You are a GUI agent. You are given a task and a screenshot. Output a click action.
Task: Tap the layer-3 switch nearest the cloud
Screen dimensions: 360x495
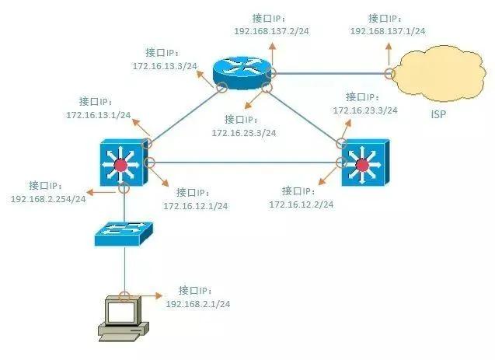click(361, 163)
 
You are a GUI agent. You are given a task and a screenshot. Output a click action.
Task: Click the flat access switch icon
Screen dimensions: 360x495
click(124, 231)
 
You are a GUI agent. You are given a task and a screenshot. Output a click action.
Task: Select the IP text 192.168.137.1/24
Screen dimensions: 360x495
click(388, 30)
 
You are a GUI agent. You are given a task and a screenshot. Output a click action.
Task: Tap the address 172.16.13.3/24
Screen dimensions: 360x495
click(165, 66)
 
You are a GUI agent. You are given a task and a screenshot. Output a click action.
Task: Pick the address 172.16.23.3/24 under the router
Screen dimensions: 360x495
click(243, 133)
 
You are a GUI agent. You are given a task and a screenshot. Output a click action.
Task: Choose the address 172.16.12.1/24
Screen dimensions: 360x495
click(195, 205)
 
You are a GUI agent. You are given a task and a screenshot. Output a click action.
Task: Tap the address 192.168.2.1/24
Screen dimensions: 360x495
click(197, 302)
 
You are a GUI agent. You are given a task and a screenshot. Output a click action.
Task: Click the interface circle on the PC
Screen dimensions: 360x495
click(124, 295)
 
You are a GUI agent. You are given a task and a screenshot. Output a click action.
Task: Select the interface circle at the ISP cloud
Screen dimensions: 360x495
click(389, 74)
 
